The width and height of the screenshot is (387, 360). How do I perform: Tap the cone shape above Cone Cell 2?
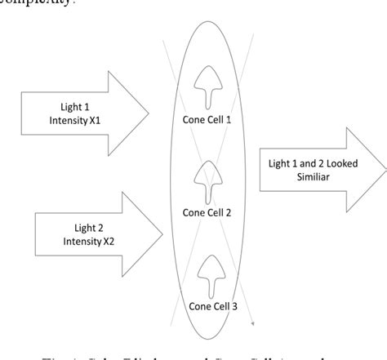pyautogui.click(x=210, y=181)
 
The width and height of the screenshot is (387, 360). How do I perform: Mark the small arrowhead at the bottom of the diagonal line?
pyautogui.click(x=251, y=324)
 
